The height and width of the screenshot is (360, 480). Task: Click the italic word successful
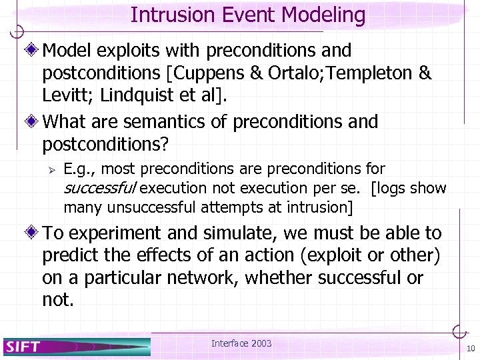point(101,188)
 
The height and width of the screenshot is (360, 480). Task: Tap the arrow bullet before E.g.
point(49,170)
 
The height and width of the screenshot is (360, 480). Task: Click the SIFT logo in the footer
point(24,346)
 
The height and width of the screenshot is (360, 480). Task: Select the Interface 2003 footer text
point(241,343)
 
